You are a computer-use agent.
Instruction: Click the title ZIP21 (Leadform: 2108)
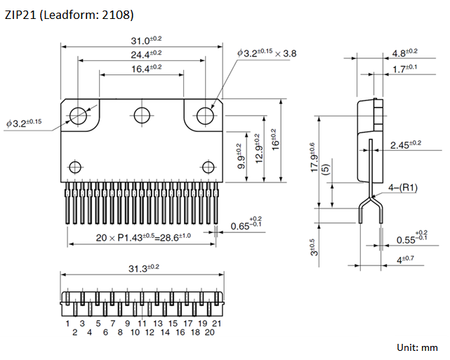click(x=69, y=14)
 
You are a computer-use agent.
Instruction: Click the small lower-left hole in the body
click(x=74, y=166)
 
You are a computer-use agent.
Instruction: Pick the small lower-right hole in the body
click(x=208, y=166)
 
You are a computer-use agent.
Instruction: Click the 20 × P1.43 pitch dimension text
click(x=143, y=237)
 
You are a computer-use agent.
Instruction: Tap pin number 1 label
click(x=67, y=324)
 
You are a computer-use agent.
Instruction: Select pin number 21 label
click(x=217, y=324)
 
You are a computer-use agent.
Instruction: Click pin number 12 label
click(x=150, y=333)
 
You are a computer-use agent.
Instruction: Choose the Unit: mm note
click(x=417, y=347)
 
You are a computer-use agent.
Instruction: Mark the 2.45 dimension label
click(x=405, y=145)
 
